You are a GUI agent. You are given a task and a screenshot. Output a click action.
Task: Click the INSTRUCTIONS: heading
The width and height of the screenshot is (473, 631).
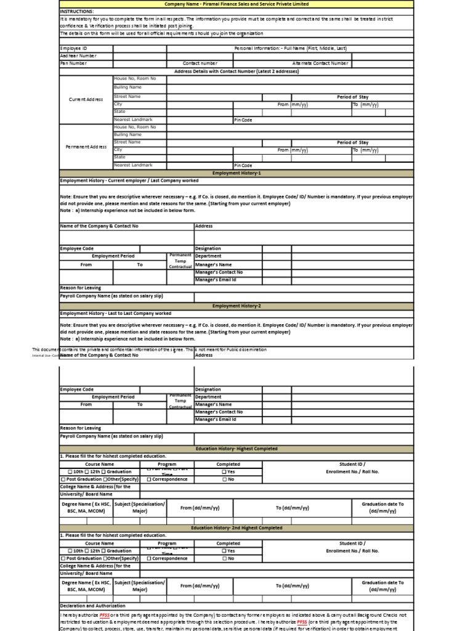[x=77, y=11]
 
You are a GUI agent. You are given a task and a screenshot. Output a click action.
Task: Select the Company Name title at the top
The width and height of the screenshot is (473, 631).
[x=236, y=4]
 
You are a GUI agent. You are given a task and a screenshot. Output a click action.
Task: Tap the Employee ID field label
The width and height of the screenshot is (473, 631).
[x=74, y=47]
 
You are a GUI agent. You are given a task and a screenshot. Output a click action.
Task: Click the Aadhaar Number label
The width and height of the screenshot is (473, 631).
[x=78, y=55]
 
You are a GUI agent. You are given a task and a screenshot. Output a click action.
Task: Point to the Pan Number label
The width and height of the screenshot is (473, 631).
[x=74, y=63]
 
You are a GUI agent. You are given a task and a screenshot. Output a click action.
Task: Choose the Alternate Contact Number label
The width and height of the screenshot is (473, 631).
[x=320, y=63]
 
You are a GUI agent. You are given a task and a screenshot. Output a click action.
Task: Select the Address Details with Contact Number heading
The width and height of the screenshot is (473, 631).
[x=236, y=71]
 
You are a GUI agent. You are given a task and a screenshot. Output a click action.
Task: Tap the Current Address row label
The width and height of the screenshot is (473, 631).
[x=86, y=99]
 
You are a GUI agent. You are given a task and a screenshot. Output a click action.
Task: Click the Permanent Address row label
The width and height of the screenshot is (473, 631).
[x=86, y=147]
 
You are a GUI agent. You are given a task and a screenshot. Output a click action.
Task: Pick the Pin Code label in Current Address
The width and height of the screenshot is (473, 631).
[x=243, y=120]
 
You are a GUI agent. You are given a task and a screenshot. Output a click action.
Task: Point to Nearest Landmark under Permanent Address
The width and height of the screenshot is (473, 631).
[x=132, y=165]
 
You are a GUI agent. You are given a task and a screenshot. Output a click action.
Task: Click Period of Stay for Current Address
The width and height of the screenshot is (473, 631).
[x=352, y=97]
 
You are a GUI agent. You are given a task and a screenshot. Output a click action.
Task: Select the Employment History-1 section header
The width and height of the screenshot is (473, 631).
[x=236, y=173]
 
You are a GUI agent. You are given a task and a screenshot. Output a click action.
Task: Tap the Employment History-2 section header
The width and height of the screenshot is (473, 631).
[x=236, y=306]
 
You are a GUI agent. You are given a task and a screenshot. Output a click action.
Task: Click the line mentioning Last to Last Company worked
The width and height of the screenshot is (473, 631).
[x=116, y=314]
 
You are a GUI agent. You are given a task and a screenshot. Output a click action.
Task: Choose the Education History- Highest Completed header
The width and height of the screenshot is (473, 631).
[x=236, y=449]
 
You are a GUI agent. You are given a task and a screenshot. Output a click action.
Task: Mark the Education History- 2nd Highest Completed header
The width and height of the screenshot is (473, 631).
[x=236, y=528]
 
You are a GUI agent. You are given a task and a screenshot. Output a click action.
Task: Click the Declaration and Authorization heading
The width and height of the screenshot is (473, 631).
[x=92, y=606]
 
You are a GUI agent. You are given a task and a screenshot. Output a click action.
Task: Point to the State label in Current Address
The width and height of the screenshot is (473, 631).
[x=119, y=112]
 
